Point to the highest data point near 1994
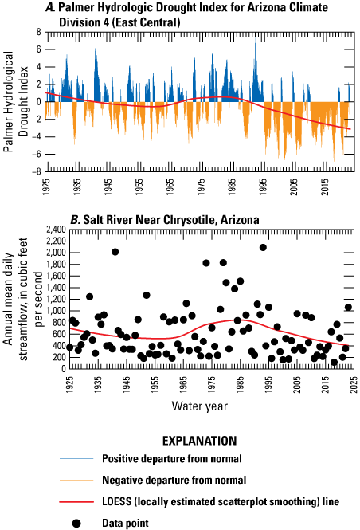[263, 247]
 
